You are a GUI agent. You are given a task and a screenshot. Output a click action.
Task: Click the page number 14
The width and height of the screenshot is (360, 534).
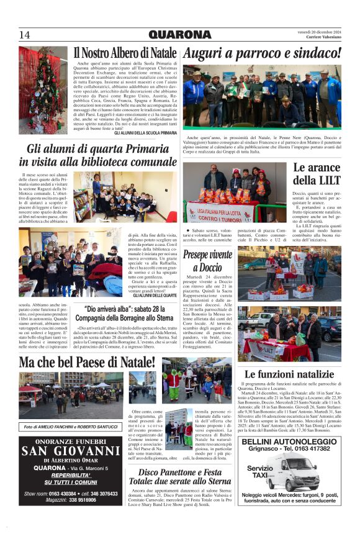(x=25, y=34)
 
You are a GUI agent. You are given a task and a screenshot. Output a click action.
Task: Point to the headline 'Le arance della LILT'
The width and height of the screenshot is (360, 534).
(x=317, y=174)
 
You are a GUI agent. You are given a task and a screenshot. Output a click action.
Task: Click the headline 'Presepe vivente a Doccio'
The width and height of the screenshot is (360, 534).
(x=208, y=260)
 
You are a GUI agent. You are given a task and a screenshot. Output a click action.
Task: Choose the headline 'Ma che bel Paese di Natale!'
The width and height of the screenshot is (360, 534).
(x=86, y=362)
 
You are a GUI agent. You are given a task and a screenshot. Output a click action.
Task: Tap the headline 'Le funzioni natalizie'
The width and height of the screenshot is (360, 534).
(x=289, y=374)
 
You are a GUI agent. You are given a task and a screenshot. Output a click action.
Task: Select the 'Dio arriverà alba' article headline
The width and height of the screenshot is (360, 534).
(x=124, y=313)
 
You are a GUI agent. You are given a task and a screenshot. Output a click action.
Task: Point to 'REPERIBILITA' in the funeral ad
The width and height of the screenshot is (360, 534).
(x=70, y=475)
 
